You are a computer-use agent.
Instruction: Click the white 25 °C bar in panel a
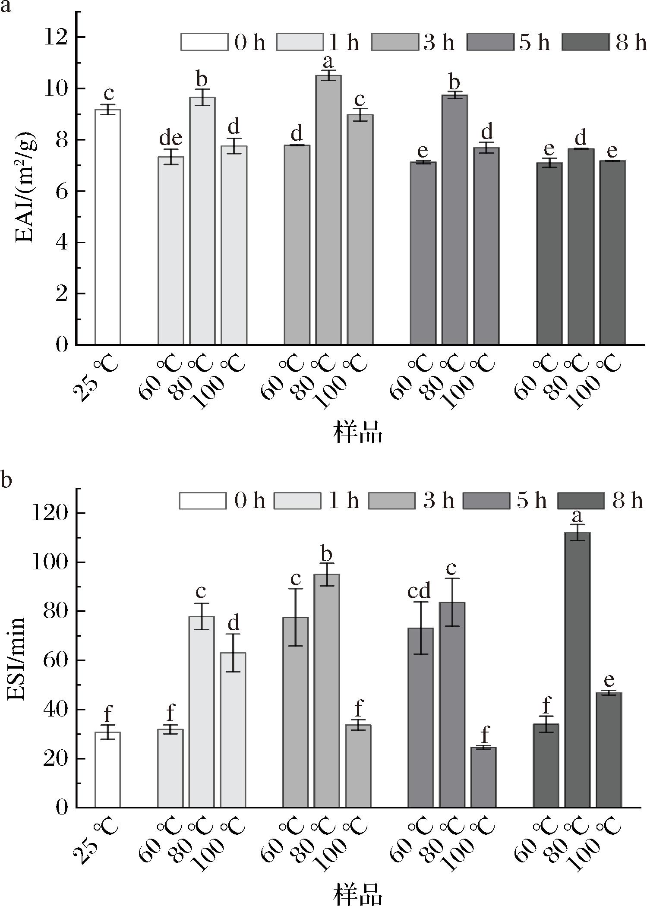(107, 227)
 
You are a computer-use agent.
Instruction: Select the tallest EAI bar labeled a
(328, 210)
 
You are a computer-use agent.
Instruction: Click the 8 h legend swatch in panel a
(586, 42)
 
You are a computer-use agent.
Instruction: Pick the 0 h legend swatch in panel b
(203, 501)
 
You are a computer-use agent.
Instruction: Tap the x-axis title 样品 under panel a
(357, 432)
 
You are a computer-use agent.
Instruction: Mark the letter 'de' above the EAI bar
(171, 138)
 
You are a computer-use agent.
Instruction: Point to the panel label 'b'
(5, 480)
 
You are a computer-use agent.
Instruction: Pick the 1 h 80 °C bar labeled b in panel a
(202, 221)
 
